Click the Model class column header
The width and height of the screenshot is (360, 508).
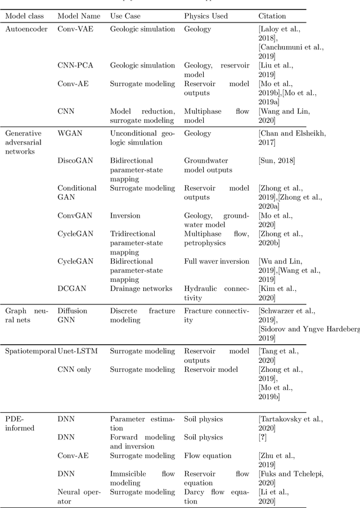pos(24,16)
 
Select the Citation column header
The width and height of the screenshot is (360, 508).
pos(272,16)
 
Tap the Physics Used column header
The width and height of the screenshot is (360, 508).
pos(206,16)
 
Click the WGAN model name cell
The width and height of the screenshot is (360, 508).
pos(69,133)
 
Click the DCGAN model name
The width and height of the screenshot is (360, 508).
pos(71,288)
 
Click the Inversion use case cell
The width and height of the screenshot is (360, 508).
pos(125,215)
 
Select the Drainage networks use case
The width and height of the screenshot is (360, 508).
pos(141,288)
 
